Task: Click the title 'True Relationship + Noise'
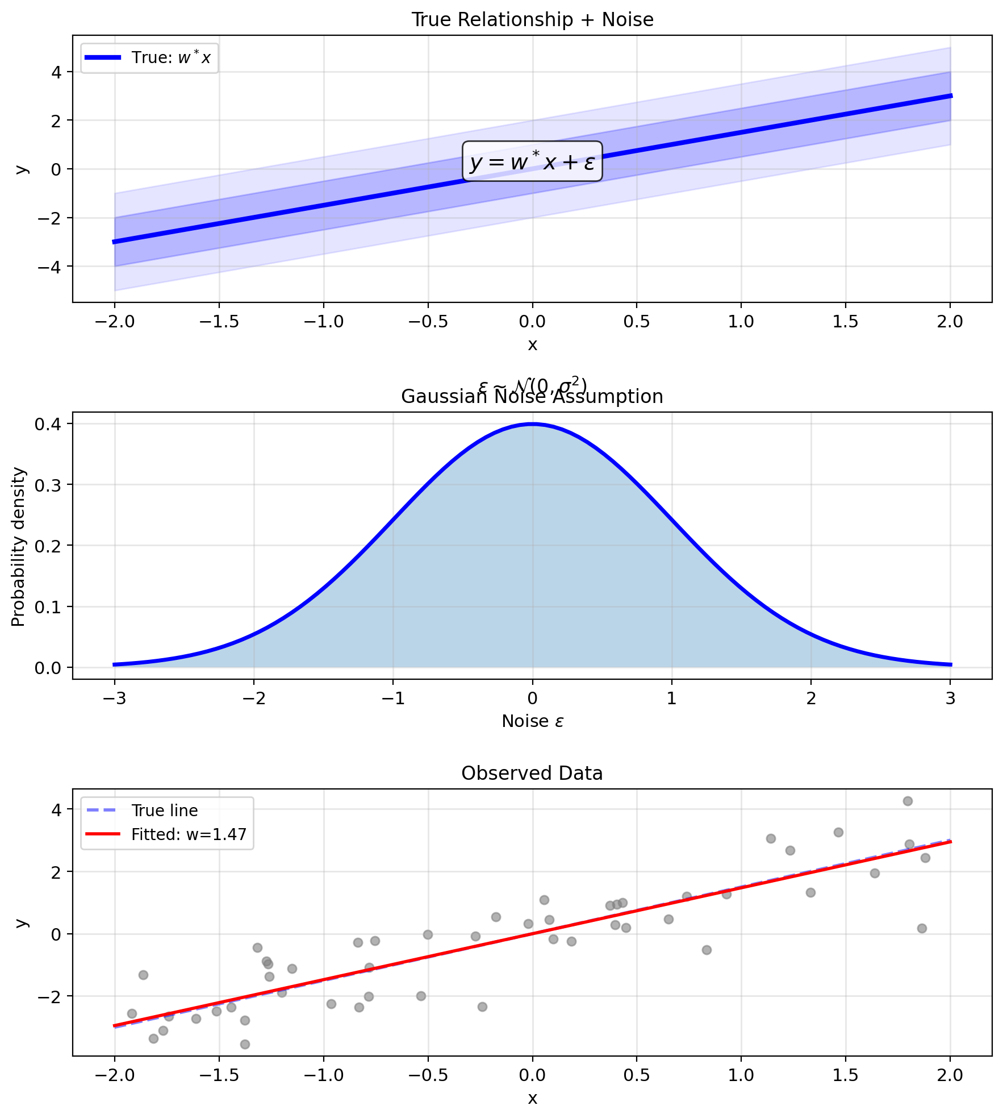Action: pyautogui.click(x=532, y=20)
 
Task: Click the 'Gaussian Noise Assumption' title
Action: pyautogui.click(x=532, y=397)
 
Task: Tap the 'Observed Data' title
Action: pyautogui.click(x=532, y=774)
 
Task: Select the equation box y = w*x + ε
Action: pyautogui.click(x=532, y=162)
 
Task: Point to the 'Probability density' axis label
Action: pyautogui.click(x=19, y=547)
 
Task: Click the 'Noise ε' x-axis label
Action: pyautogui.click(x=532, y=721)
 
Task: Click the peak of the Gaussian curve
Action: pyautogui.click(x=532, y=423)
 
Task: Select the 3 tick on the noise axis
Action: pyautogui.click(x=951, y=698)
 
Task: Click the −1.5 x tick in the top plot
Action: pyautogui.click(x=219, y=322)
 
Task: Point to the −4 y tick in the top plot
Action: pyautogui.click(x=50, y=267)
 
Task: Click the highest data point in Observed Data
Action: pyautogui.click(x=908, y=801)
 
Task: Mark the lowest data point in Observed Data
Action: pyautogui.click(x=245, y=1044)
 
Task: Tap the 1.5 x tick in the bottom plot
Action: pyautogui.click(x=846, y=1075)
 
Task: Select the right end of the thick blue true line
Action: pyautogui.click(x=951, y=96)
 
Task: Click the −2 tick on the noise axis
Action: pyautogui.click(x=254, y=698)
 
